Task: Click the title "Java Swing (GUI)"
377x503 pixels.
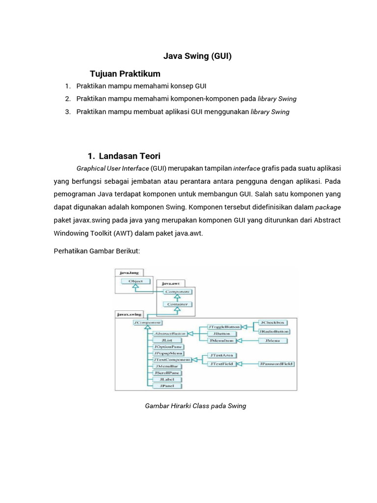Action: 197,56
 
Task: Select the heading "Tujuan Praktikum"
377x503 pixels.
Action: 125,74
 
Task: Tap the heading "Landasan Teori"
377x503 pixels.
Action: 130,156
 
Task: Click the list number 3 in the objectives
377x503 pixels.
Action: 68,112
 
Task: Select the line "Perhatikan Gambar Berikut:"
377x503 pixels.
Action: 97,251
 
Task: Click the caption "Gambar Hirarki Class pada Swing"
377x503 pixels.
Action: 195,406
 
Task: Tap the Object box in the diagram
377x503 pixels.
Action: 135,281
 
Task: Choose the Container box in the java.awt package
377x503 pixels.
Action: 178,304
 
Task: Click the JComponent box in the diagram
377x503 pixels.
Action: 147,323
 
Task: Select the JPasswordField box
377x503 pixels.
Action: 276,364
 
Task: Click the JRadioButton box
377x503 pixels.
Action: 272,331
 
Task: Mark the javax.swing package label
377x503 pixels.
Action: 129,313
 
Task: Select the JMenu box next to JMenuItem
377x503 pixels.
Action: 272,340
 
